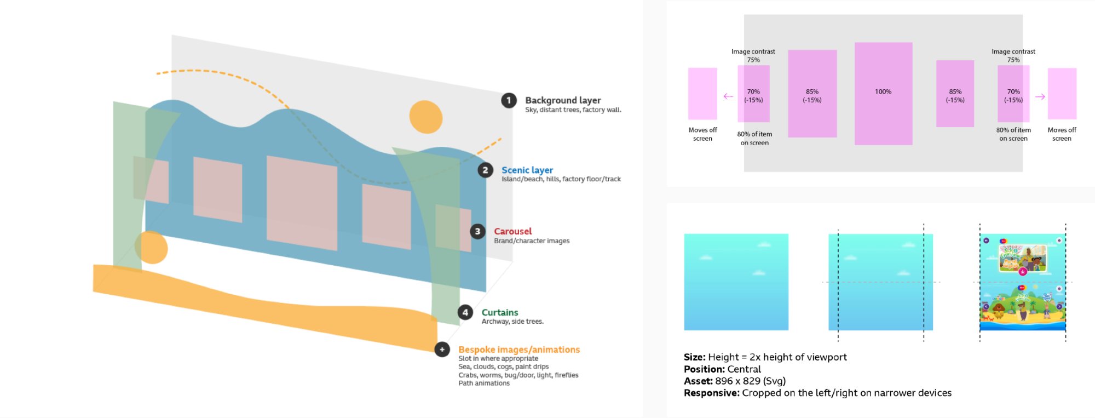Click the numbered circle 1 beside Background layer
pos(509,100)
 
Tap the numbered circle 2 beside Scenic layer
pos(485,170)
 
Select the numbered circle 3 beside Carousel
pos(477,231)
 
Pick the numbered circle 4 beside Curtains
pos(465,312)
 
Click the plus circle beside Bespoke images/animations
pos(442,350)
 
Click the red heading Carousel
pos(512,231)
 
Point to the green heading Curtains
pos(499,312)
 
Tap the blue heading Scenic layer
pos(527,170)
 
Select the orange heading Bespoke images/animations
pos(518,350)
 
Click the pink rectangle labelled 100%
pos(883,93)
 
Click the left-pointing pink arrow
pos(728,96)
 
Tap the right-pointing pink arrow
pos(1040,96)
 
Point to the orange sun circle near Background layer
pos(426,117)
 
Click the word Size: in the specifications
pos(694,357)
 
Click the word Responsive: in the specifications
pos(711,393)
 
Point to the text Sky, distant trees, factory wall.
pos(573,110)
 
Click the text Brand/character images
pos(531,241)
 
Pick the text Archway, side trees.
pos(512,322)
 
